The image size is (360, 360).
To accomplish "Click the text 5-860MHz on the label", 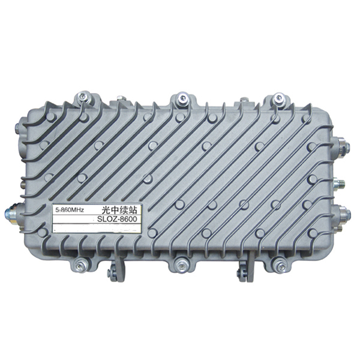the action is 70,209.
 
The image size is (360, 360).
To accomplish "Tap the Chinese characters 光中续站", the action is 119,210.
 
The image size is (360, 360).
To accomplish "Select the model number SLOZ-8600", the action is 117,219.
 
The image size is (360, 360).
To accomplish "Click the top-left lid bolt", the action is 84,97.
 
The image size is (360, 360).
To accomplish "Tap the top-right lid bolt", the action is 278,97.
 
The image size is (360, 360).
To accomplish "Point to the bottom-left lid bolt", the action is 80,266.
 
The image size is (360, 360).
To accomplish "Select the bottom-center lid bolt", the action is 181,266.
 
